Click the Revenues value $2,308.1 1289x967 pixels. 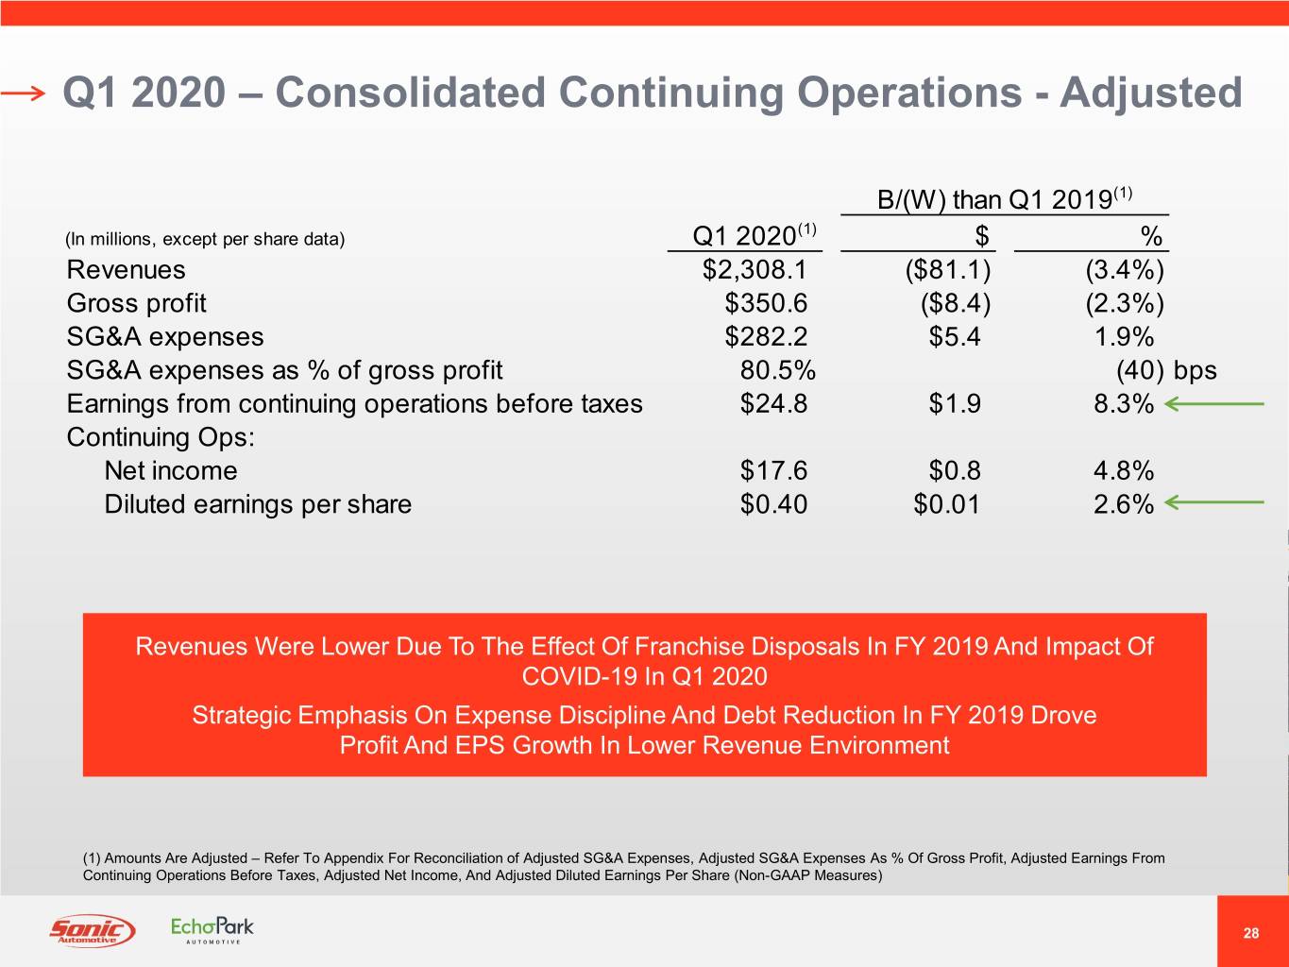755,270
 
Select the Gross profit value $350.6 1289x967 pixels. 766,303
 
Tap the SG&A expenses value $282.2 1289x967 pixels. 766,337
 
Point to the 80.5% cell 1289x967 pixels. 777,370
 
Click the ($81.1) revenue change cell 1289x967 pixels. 947,270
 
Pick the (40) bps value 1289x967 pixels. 1165,370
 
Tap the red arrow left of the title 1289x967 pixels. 23,93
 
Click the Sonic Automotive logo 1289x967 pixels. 92,930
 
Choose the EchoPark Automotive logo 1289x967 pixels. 212,929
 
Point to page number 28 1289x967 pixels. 1251,933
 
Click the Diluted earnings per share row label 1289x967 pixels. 258,504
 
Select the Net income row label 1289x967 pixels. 170,470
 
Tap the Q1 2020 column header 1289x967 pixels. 754,234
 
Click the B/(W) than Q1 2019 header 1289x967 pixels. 1004,199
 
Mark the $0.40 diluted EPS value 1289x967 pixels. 773,504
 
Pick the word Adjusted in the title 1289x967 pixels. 1150,93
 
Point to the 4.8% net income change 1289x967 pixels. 1123,470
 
